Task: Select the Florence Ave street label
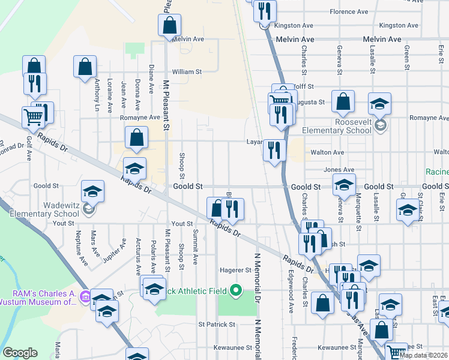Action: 349,12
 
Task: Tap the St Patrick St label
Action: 217,324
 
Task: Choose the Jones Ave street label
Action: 339,170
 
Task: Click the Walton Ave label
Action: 327,152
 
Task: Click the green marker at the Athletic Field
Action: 236,292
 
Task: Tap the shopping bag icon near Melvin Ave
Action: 170,25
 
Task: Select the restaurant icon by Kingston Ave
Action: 264,11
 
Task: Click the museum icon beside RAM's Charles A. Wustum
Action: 85,296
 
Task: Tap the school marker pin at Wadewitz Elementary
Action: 89,209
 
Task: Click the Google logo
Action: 20,353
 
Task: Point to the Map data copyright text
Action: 424,355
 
